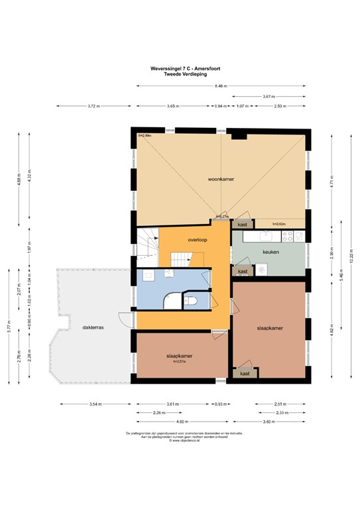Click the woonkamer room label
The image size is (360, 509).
(x=221, y=179)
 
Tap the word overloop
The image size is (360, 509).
(x=198, y=240)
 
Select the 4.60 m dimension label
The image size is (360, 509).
(x=181, y=422)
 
